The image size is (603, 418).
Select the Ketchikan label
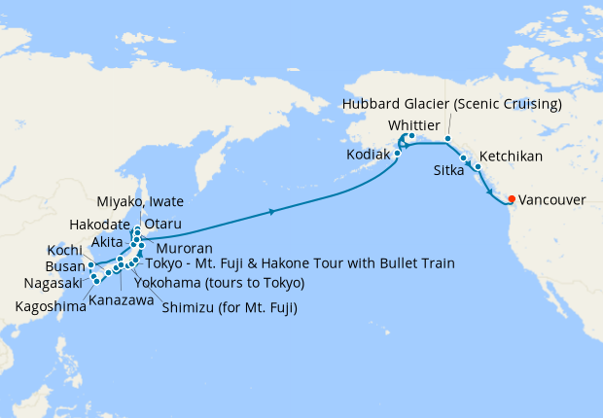coord(512,156)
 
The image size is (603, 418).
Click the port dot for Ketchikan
coord(478,167)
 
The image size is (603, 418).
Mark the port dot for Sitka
coord(464,157)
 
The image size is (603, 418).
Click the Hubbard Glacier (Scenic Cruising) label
coord(453,104)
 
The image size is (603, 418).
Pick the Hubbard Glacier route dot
coord(447,139)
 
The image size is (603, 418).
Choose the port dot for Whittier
coord(411,136)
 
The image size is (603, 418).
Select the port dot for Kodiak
coord(398,154)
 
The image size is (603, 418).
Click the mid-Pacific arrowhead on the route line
coord(272,210)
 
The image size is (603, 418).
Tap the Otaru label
coord(162,224)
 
